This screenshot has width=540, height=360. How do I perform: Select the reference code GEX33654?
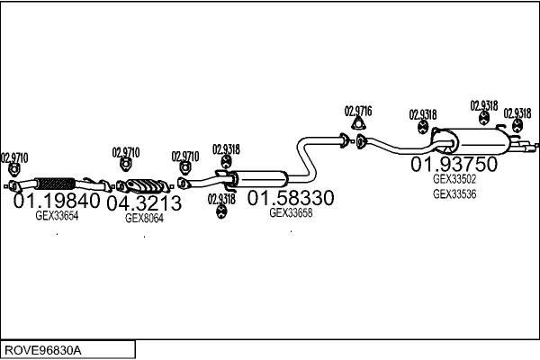(x=57, y=216)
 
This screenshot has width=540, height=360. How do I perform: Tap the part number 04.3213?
(x=144, y=204)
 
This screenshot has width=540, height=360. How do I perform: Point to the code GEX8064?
(x=144, y=218)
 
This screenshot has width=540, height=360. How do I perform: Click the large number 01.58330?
(x=292, y=198)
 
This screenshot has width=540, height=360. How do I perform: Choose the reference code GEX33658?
(x=292, y=213)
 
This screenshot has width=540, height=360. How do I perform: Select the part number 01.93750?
(x=454, y=165)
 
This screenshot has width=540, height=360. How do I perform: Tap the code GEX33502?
(x=454, y=179)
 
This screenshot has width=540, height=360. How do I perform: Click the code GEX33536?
(x=454, y=193)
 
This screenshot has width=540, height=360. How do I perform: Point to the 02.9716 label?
(x=358, y=111)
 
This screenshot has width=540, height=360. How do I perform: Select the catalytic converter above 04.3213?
(x=144, y=186)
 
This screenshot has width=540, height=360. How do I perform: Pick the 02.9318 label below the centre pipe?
(x=221, y=199)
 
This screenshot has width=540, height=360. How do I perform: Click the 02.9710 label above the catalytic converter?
(x=126, y=152)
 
